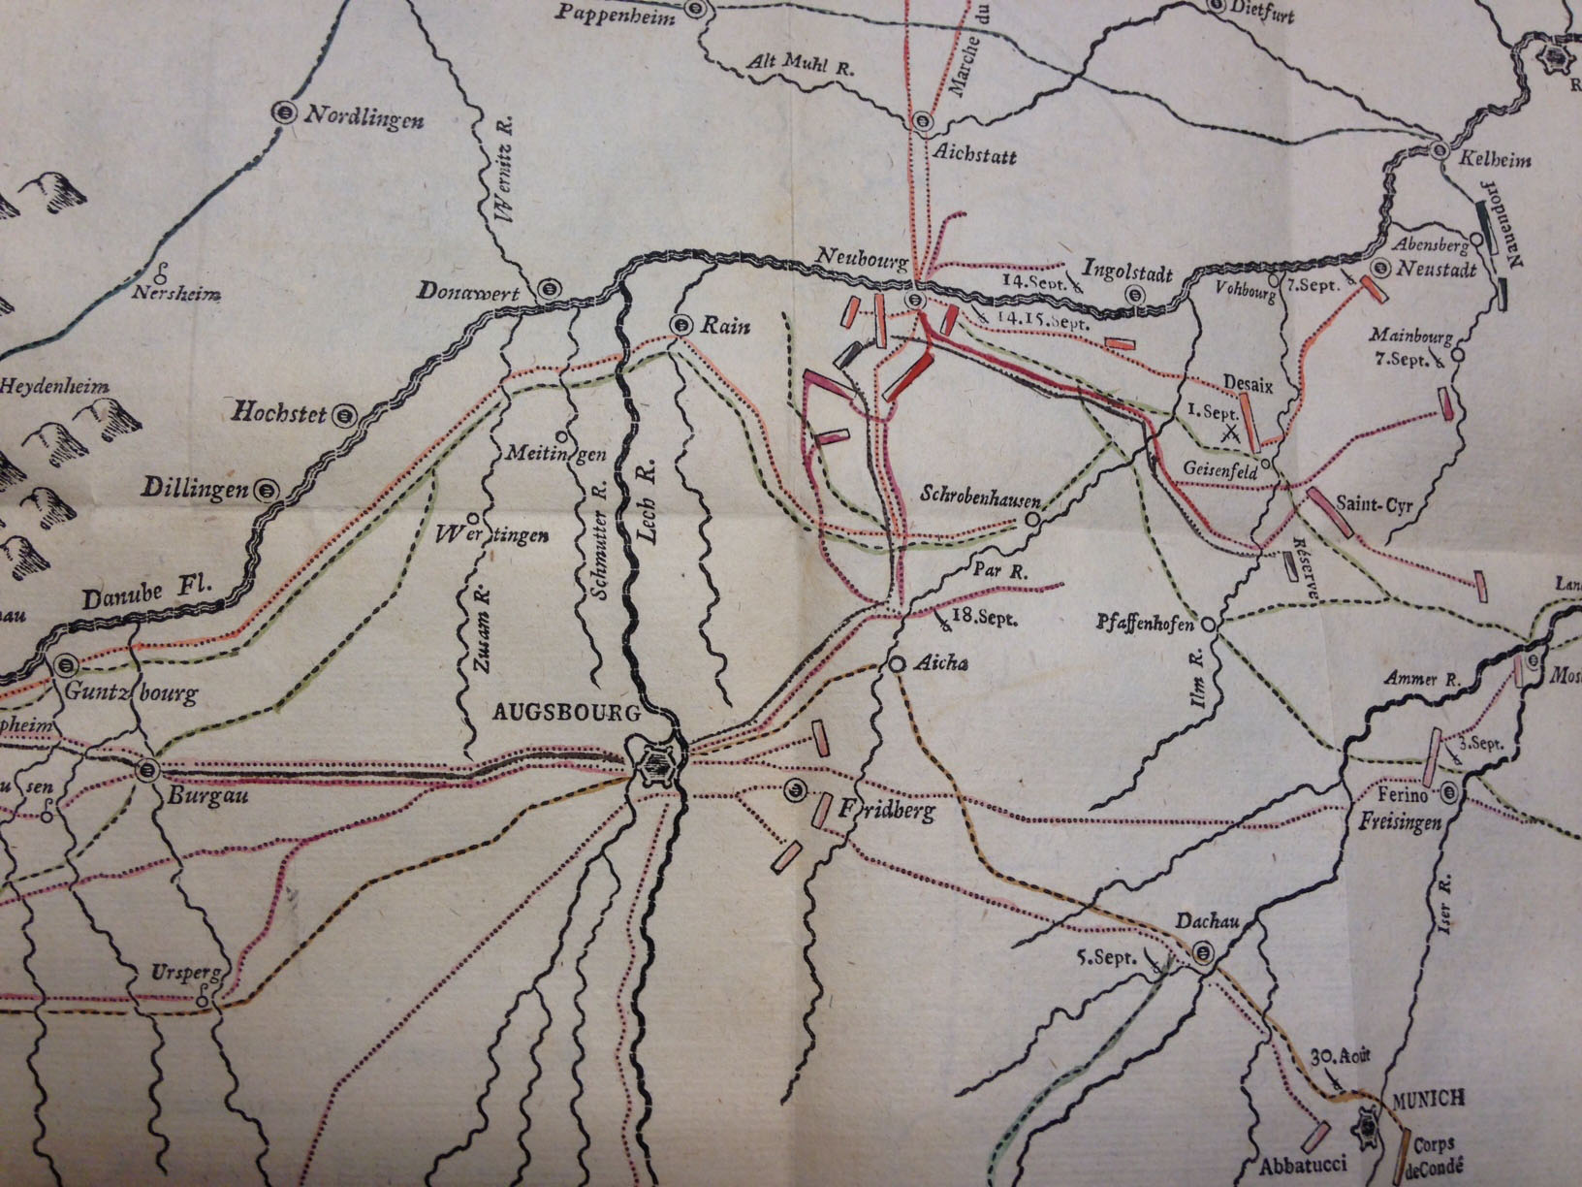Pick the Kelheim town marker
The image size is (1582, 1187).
1440,150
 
